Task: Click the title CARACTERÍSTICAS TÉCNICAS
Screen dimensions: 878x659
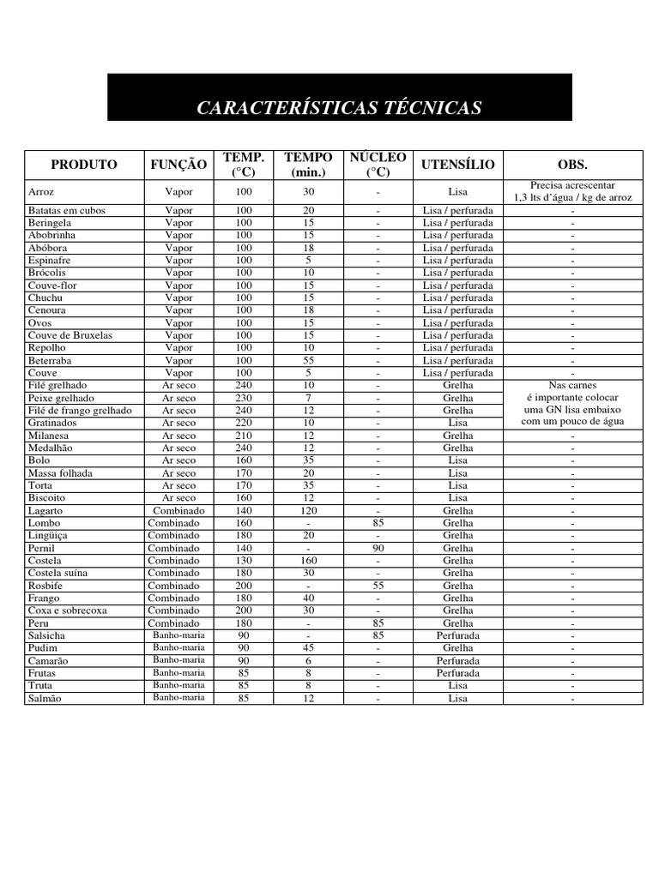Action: pos(339,108)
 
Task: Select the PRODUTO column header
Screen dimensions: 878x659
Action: pos(83,164)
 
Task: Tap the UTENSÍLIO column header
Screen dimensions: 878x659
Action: pos(457,164)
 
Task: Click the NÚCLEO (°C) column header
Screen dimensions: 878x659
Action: pos(378,165)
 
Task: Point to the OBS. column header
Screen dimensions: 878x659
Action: pos(572,164)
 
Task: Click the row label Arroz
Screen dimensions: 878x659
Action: pos(41,192)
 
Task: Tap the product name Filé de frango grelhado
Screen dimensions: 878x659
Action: pos(80,411)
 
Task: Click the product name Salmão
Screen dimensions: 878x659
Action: pos(45,699)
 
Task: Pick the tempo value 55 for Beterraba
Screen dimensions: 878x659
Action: pos(308,360)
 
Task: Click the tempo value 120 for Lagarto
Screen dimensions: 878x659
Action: pos(308,510)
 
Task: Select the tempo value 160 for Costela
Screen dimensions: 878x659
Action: pos(308,561)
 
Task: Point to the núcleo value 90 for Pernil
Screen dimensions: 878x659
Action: pos(378,548)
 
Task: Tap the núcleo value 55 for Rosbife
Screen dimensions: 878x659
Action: pos(378,586)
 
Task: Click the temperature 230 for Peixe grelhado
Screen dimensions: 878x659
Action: pos(244,398)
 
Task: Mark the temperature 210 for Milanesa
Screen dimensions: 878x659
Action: pos(244,436)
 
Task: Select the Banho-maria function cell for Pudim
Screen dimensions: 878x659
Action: pos(178,648)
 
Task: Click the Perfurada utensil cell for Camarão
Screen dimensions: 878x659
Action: pos(457,661)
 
